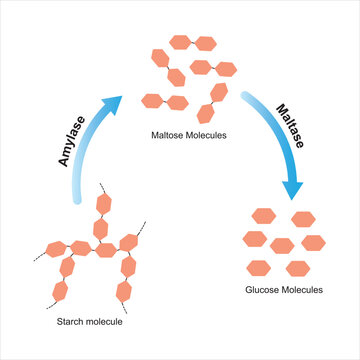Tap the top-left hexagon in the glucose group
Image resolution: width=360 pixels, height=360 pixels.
[264, 215]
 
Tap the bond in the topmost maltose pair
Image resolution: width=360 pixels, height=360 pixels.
[192, 43]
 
